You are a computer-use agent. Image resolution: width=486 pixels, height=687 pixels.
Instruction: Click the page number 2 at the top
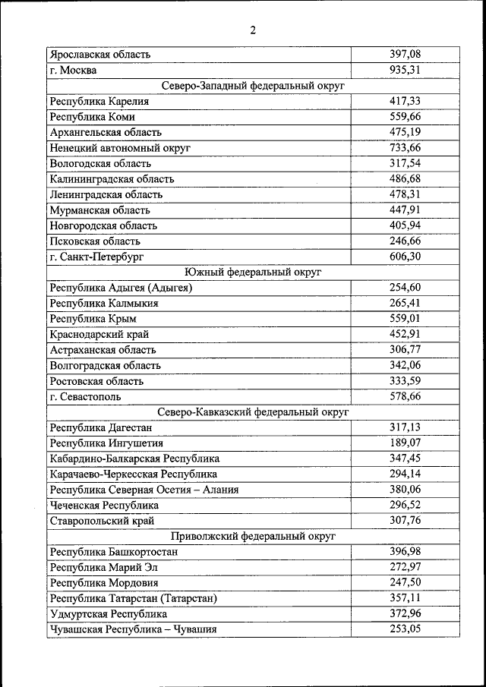(253, 30)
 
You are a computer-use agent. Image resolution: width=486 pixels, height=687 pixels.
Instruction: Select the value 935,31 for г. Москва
(405, 71)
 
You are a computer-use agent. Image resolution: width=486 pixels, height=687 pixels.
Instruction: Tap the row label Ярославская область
(100, 55)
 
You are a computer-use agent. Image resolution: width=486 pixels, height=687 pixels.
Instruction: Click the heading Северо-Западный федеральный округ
(253, 86)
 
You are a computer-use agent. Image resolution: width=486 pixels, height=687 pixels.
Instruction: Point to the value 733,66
(405, 148)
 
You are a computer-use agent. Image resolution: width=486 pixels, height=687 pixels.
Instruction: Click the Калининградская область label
(112, 179)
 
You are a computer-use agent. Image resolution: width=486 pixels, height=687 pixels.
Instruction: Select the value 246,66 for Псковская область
(405, 241)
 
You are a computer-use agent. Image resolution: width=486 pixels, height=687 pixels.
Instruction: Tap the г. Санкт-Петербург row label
(96, 257)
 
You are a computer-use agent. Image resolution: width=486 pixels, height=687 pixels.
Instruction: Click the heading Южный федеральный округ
(253, 272)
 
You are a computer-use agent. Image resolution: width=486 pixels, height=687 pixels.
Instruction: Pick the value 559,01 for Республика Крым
(405, 319)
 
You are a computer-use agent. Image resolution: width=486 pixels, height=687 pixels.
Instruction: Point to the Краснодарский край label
(99, 334)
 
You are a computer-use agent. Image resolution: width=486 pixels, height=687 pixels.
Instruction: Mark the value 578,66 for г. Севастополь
(405, 396)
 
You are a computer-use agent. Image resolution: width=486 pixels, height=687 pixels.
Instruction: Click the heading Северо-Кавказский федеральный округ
(253, 412)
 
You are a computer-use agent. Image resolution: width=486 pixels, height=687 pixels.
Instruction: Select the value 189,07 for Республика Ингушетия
(405, 443)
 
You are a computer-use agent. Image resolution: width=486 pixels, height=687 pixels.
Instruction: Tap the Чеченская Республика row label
(104, 505)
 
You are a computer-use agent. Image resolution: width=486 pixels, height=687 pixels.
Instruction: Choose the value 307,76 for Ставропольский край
(405, 521)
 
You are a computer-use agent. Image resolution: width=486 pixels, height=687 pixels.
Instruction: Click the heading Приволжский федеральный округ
(253, 536)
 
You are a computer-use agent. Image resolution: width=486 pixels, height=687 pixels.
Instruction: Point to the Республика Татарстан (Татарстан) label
(133, 598)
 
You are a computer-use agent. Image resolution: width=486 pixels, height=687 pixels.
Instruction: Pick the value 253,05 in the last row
(405, 629)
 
